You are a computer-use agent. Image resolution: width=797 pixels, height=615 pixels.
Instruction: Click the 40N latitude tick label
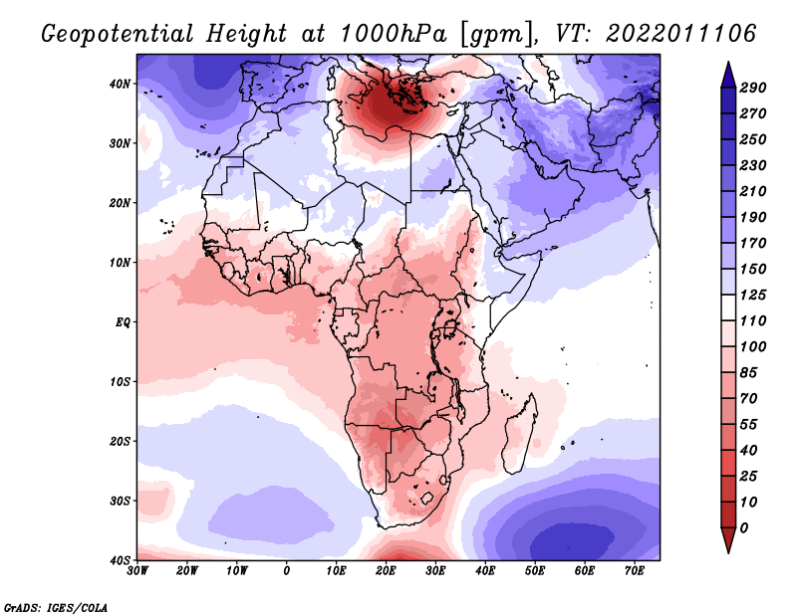(120, 84)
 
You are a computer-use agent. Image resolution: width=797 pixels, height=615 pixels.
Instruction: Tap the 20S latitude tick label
(120, 441)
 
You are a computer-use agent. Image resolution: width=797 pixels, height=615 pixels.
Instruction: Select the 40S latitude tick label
(120, 560)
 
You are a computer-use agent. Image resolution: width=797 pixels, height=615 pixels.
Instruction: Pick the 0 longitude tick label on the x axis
(287, 571)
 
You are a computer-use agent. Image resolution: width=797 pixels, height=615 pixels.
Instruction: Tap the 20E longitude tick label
(386, 571)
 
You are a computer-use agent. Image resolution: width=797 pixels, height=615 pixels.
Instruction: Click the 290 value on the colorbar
(752, 88)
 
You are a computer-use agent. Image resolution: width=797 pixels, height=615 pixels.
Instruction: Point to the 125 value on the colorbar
(752, 294)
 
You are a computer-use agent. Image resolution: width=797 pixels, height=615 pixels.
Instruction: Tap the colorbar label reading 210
(752, 190)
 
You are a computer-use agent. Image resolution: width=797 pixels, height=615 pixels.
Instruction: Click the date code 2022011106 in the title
(679, 34)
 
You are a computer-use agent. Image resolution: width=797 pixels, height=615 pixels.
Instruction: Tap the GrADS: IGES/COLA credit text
(55, 606)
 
